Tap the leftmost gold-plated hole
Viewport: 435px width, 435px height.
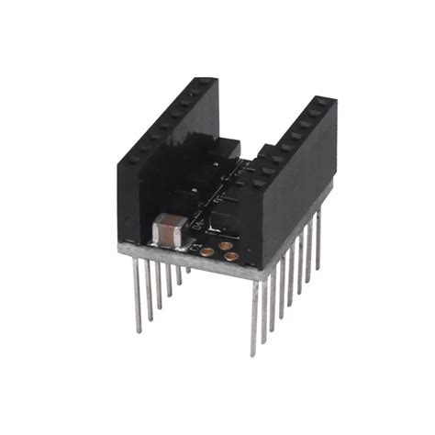[208, 249]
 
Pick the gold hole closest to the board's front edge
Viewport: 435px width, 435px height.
[230, 258]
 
